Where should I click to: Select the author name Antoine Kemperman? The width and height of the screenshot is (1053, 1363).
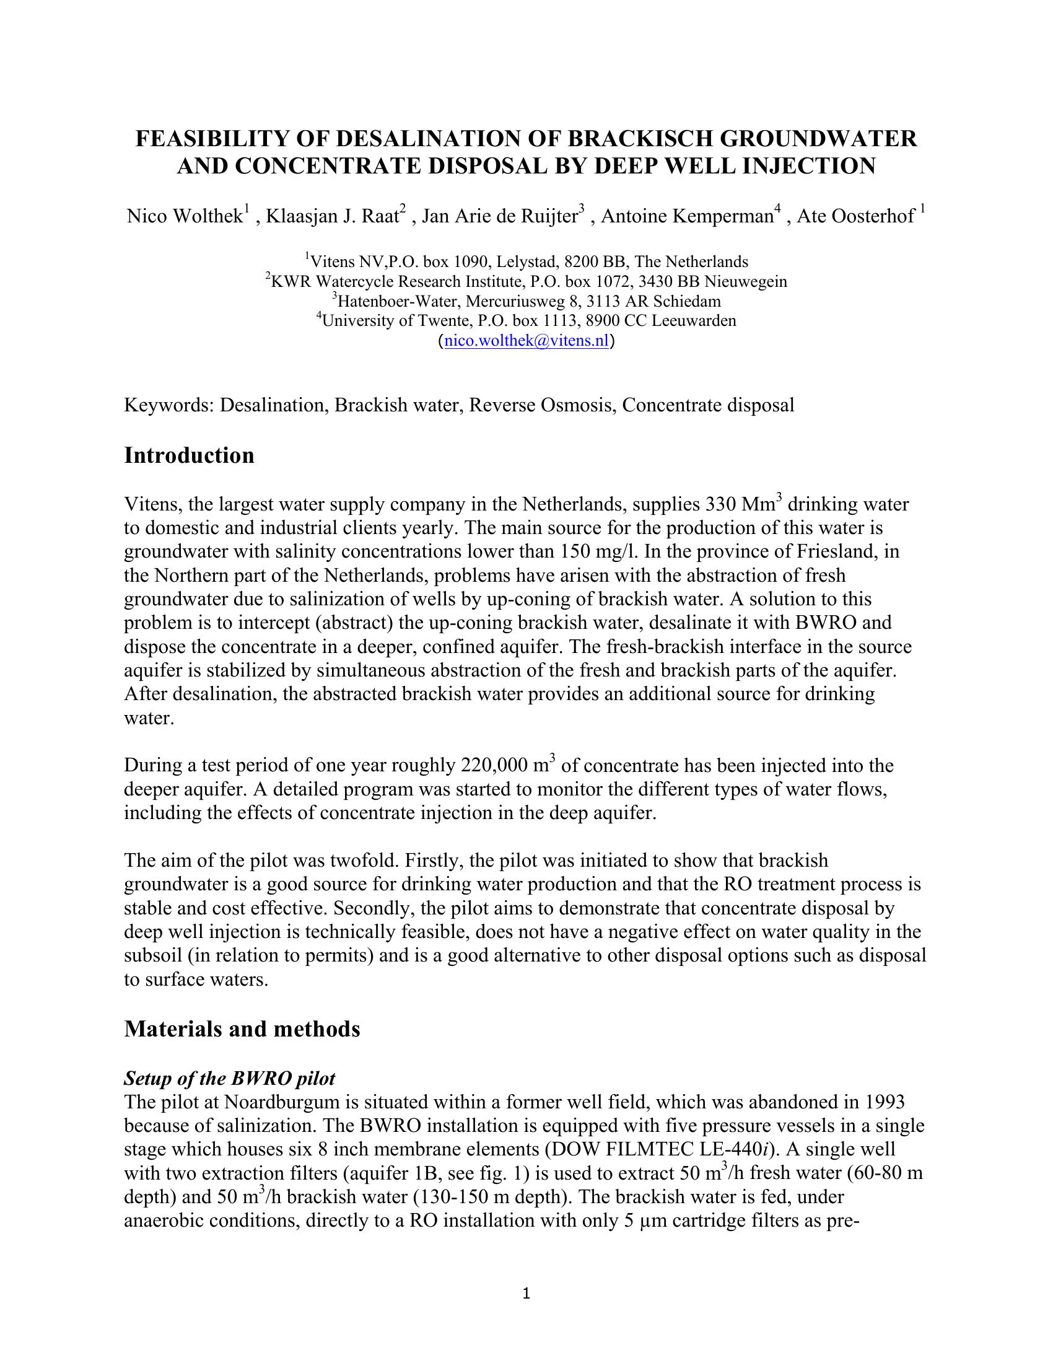(x=686, y=217)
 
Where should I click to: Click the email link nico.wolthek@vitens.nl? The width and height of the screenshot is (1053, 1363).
(x=526, y=341)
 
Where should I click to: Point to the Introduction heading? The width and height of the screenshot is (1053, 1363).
(x=189, y=455)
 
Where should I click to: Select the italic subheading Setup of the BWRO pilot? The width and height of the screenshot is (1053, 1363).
(x=230, y=1079)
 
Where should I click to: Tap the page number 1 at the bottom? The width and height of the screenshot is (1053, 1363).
(x=526, y=1294)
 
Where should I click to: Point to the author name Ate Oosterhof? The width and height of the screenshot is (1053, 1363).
(x=856, y=217)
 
